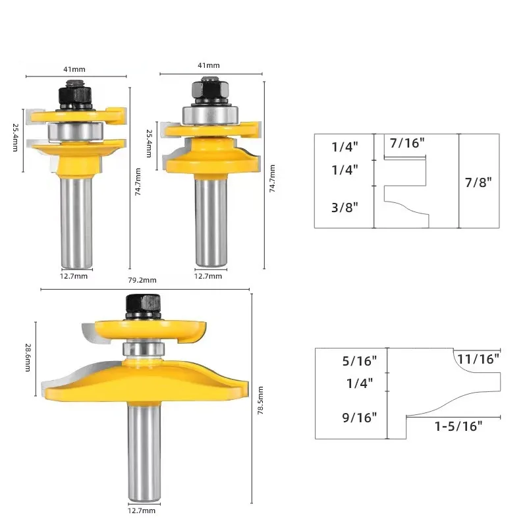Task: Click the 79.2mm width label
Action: (142, 280)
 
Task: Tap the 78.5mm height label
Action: (260, 401)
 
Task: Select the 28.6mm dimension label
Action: (28, 358)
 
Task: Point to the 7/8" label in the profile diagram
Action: (478, 182)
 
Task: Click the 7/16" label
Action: (407, 143)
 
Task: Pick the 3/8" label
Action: (345, 208)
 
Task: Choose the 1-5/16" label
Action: (458, 426)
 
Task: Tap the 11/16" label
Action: (478, 359)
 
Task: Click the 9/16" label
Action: (359, 418)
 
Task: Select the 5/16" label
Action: (359, 360)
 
